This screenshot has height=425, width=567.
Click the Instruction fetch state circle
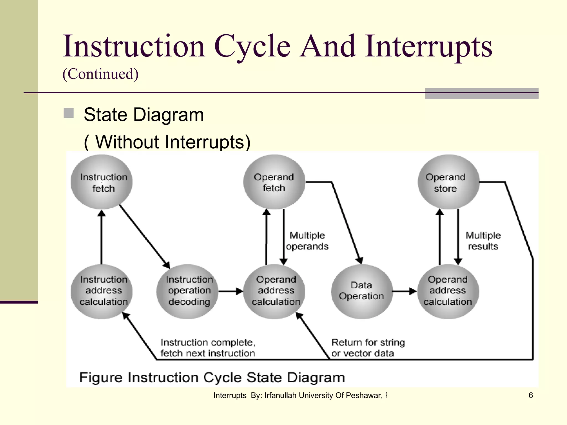(102, 182)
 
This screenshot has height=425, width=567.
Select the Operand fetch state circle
(274, 182)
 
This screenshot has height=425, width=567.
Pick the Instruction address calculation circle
(102, 291)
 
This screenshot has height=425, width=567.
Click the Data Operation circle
(362, 291)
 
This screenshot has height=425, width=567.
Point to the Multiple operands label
(307, 241)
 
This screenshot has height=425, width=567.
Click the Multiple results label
(483, 241)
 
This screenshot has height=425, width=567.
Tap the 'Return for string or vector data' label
(368, 348)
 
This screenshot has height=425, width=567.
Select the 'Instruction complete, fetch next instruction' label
(208, 348)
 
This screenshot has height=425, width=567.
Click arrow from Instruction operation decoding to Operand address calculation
(231, 291)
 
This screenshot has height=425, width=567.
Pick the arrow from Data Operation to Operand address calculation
(404, 291)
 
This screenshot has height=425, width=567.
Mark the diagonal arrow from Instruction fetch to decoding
(144, 236)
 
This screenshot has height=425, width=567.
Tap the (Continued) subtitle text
(100, 74)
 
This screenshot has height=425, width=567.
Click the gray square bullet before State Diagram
(68, 113)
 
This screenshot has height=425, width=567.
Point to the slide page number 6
(530, 395)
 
